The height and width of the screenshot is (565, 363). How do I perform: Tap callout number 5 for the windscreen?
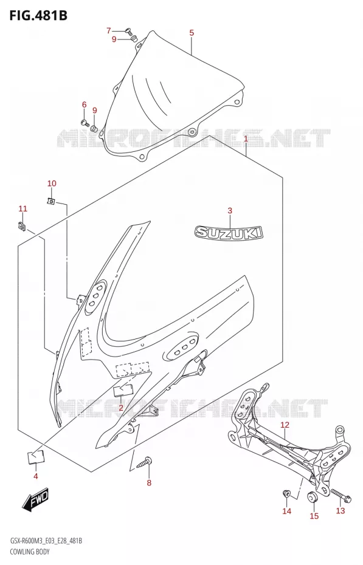192,33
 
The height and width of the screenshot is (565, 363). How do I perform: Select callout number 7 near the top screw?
109,30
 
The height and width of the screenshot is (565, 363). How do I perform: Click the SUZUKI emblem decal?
229,232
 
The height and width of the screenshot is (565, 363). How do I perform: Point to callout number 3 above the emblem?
230,211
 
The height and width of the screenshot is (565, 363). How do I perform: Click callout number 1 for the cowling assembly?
246,139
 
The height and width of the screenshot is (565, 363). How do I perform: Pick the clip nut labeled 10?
51,200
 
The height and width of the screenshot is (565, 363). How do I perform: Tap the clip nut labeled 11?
22,226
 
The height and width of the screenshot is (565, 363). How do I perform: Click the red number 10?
52,183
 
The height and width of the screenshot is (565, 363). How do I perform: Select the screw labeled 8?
144,462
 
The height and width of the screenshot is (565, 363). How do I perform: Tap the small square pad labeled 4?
35,457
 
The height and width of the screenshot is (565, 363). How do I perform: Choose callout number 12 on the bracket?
285,425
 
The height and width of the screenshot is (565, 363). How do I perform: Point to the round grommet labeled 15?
311,497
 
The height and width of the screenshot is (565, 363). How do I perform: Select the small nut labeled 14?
286,493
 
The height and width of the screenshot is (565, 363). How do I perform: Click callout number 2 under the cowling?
121,408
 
